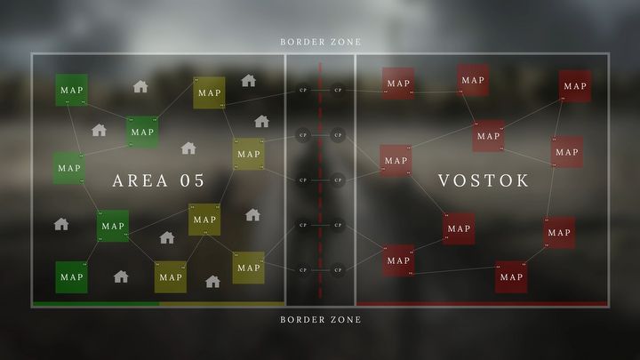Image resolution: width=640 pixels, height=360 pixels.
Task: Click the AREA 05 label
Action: tap(158, 180)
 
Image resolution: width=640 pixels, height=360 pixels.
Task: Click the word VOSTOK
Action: tap(484, 180)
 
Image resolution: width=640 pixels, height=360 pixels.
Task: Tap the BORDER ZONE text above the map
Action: tap(320, 42)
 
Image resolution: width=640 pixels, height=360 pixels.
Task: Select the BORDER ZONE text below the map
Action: tap(320, 319)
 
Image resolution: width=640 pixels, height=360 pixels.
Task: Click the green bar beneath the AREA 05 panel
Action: tap(95, 304)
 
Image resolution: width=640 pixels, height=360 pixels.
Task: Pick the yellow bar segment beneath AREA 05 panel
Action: tap(221, 304)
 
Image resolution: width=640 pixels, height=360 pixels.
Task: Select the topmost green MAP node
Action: tap(71, 90)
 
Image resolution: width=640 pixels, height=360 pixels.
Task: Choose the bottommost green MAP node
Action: tap(71, 276)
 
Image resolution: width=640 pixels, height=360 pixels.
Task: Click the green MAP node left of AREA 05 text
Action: tap(68, 167)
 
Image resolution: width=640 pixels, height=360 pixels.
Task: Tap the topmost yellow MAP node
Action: tap(209, 92)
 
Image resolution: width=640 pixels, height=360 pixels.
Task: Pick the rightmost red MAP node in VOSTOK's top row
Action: tap(575, 85)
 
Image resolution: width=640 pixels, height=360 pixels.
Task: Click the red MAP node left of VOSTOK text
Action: tap(396, 161)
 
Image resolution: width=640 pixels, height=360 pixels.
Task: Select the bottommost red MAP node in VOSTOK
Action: tap(511, 276)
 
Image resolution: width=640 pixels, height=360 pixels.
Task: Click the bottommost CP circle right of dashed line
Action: tap(338, 269)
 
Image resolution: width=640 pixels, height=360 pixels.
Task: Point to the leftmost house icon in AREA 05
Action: tap(61, 224)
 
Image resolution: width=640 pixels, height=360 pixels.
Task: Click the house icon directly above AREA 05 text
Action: tap(188, 148)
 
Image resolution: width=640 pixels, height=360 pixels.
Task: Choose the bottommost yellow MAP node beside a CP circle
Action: tap(248, 267)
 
